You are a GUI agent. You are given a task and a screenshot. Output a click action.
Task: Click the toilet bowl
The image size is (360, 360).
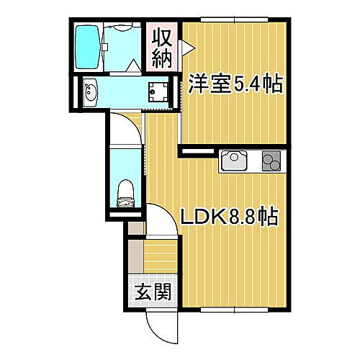(x=124, y=191)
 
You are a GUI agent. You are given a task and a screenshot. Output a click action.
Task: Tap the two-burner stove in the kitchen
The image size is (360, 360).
(x=271, y=160)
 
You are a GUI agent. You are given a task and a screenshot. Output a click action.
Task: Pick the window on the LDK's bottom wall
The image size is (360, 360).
(x=234, y=310)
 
